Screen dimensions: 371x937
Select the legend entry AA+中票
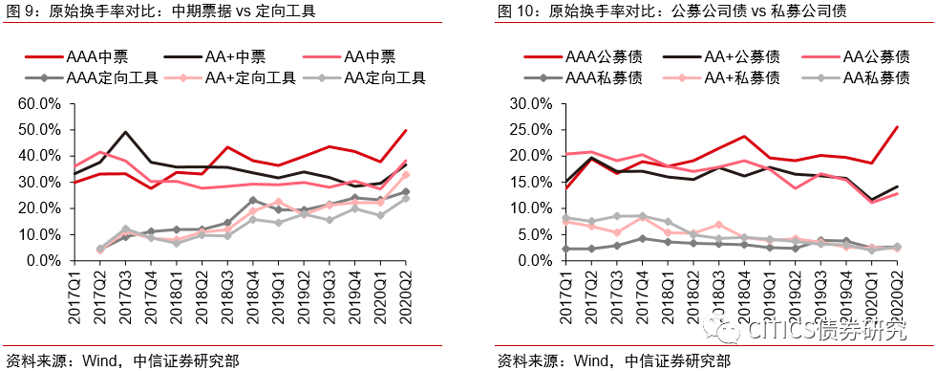(x=238, y=57)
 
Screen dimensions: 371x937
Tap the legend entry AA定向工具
(x=373, y=77)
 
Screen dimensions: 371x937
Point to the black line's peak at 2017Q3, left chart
(x=125, y=132)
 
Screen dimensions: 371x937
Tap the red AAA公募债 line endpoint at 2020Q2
(x=896, y=127)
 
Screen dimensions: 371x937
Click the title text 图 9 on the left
(x=22, y=12)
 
